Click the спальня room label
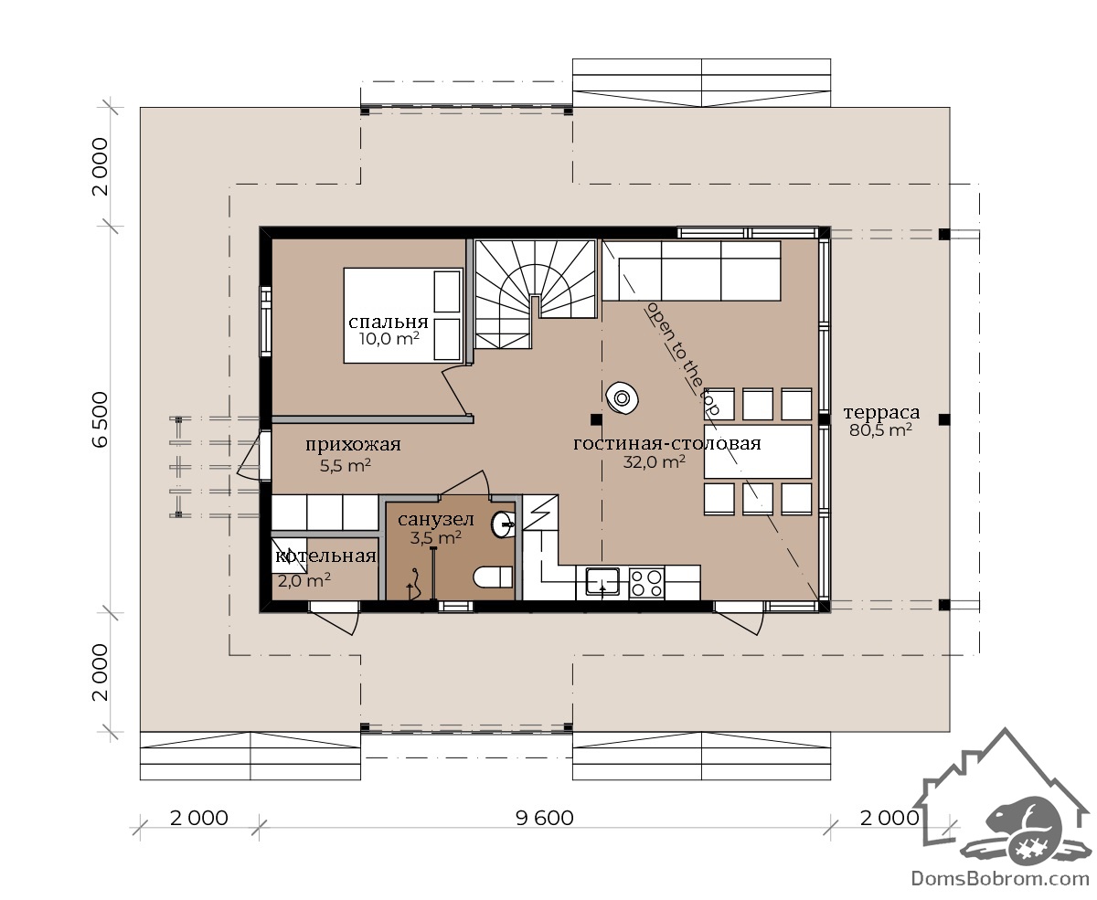(388, 323)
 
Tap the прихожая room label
(353, 445)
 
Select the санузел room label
(436, 519)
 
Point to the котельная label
(325, 556)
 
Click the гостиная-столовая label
(666, 443)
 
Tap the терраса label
(881, 413)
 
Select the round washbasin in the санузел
(503, 524)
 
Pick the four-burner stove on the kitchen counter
(646, 583)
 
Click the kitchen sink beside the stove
(602, 581)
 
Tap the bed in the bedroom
(402, 315)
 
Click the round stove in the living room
(623, 398)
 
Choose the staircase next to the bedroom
(536, 294)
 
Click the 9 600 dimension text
(545, 819)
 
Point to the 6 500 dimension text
(100, 419)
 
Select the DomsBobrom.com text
(1000, 879)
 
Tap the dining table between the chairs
(757, 451)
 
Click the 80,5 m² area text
(880, 430)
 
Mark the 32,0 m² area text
(654, 461)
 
